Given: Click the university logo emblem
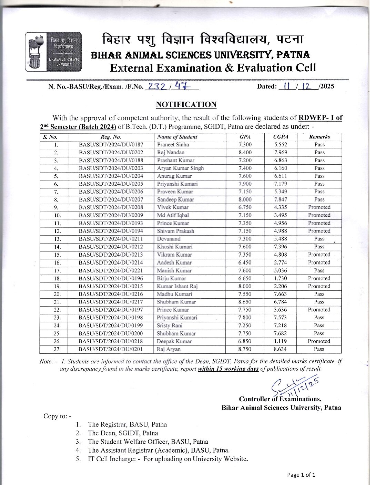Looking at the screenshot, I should click(53, 52).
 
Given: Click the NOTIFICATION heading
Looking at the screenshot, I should click(186, 104).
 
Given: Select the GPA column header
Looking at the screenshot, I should click(245, 137).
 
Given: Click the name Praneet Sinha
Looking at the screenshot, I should click(173, 145).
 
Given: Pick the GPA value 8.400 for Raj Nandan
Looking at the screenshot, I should click(245, 153).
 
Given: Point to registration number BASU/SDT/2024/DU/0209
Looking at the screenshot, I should click(111, 215).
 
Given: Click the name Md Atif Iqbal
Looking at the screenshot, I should click(173, 215).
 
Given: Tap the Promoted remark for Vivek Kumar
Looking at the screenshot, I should click(319, 207).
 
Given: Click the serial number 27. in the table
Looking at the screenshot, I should click(57, 349).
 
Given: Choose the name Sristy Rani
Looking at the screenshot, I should click(170, 326).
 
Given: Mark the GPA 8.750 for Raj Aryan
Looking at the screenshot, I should click(245, 349).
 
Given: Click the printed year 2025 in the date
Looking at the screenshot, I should click(327, 86).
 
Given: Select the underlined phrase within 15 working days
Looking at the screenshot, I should click(228, 369).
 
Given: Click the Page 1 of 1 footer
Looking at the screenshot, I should click(301, 475).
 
